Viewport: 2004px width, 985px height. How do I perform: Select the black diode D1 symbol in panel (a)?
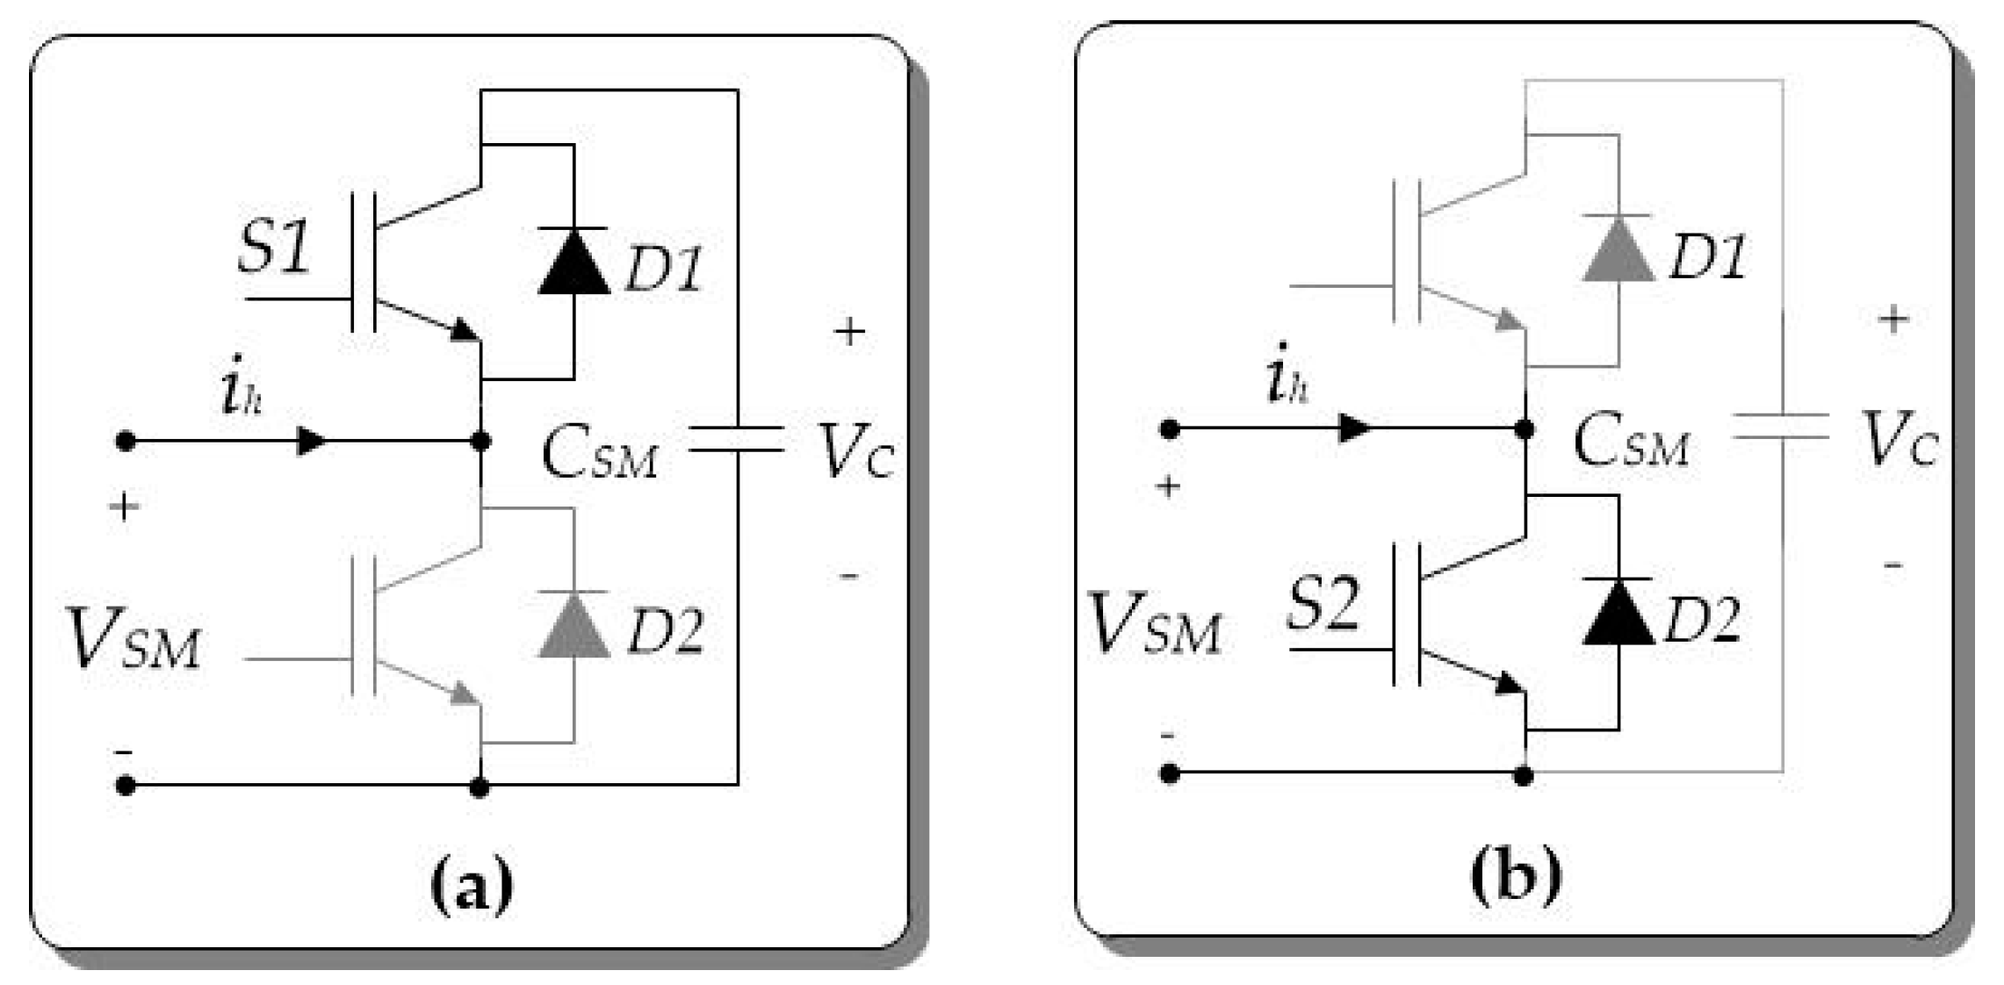pos(573,262)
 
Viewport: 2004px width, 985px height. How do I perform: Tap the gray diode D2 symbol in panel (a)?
pos(573,625)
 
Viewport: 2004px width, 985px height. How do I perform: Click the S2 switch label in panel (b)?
pos(1323,604)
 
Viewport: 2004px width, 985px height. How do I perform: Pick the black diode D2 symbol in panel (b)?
pos(1618,612)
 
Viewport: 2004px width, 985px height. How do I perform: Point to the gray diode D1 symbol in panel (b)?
pos(1618,249)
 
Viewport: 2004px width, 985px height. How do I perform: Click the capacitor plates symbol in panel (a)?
pos(736,439)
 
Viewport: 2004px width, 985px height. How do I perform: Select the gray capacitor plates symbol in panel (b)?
pos(1781,427)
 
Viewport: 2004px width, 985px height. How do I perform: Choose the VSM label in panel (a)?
pos(133,640)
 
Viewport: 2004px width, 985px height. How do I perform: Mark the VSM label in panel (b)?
pos(1154,625)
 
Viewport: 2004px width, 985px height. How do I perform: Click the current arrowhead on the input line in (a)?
pos(312,441)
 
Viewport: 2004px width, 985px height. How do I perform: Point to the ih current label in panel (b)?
pos(1287,376)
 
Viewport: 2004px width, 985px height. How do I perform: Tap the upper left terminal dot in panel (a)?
pos(126,441)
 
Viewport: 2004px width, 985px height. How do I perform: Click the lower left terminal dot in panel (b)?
pos(1169,773)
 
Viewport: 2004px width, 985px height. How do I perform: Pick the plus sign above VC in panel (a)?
pos(849,332)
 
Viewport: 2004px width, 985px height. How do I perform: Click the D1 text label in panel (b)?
pos(1706,257)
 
